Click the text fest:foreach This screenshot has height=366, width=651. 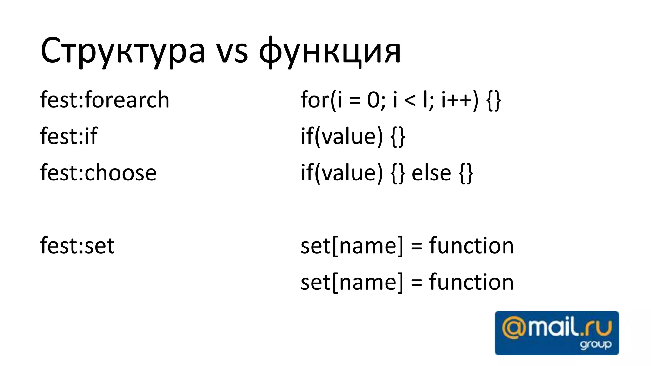click(x=105, y=100)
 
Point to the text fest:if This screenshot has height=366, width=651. click(x=68, y=136)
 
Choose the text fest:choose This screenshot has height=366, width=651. click(x=98, y=173)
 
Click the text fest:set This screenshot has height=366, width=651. click(x=77, y=246)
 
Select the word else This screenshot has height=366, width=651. click(x=431, y=173)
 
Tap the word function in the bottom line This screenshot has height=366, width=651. click(x=471, y=282)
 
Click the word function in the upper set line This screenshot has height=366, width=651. click(x=471, y=246)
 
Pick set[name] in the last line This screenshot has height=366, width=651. click(x=352, y=282)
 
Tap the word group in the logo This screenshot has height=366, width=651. click(x=595, y=344)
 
